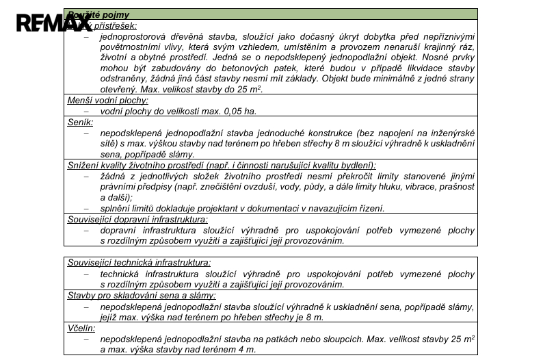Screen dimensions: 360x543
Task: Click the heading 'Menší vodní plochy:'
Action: (107, 100)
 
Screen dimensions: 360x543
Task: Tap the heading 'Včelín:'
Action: (82, 328)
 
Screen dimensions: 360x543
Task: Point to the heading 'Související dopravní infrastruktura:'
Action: (137, 219)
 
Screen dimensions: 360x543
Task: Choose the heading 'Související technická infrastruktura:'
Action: (140, 262)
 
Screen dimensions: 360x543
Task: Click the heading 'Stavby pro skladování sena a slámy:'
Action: (142, 295)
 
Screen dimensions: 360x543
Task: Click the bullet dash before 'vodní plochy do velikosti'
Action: (87, 111)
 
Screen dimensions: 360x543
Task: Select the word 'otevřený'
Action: (119, 90)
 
